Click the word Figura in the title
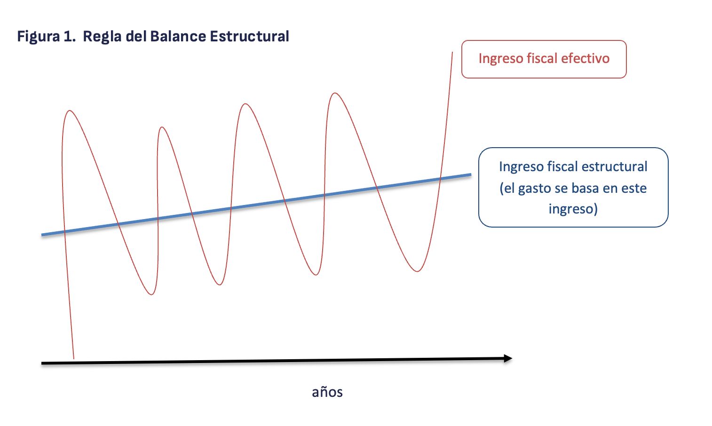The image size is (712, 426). (x=39, y=37)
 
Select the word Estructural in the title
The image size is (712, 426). (x=250, y=36)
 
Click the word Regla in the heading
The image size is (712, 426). (x=102, y=37)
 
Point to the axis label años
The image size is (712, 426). (x=327, y=392)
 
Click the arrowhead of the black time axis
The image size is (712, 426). (x=508, y=358)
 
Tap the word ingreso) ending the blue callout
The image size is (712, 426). (x=573, y=209)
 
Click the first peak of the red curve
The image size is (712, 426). (x=69, y=110)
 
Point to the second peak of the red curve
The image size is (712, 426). (x=162, y=127)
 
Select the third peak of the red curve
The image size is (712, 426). (x=245, y=103)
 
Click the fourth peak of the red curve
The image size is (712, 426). (x=335, y=93)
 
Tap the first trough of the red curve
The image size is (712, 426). (x=151, y=294)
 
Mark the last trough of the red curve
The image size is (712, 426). (x=417, y=271)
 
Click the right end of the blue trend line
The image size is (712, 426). (x=471, y=174)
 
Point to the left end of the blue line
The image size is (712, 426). (x=42, y=235)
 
